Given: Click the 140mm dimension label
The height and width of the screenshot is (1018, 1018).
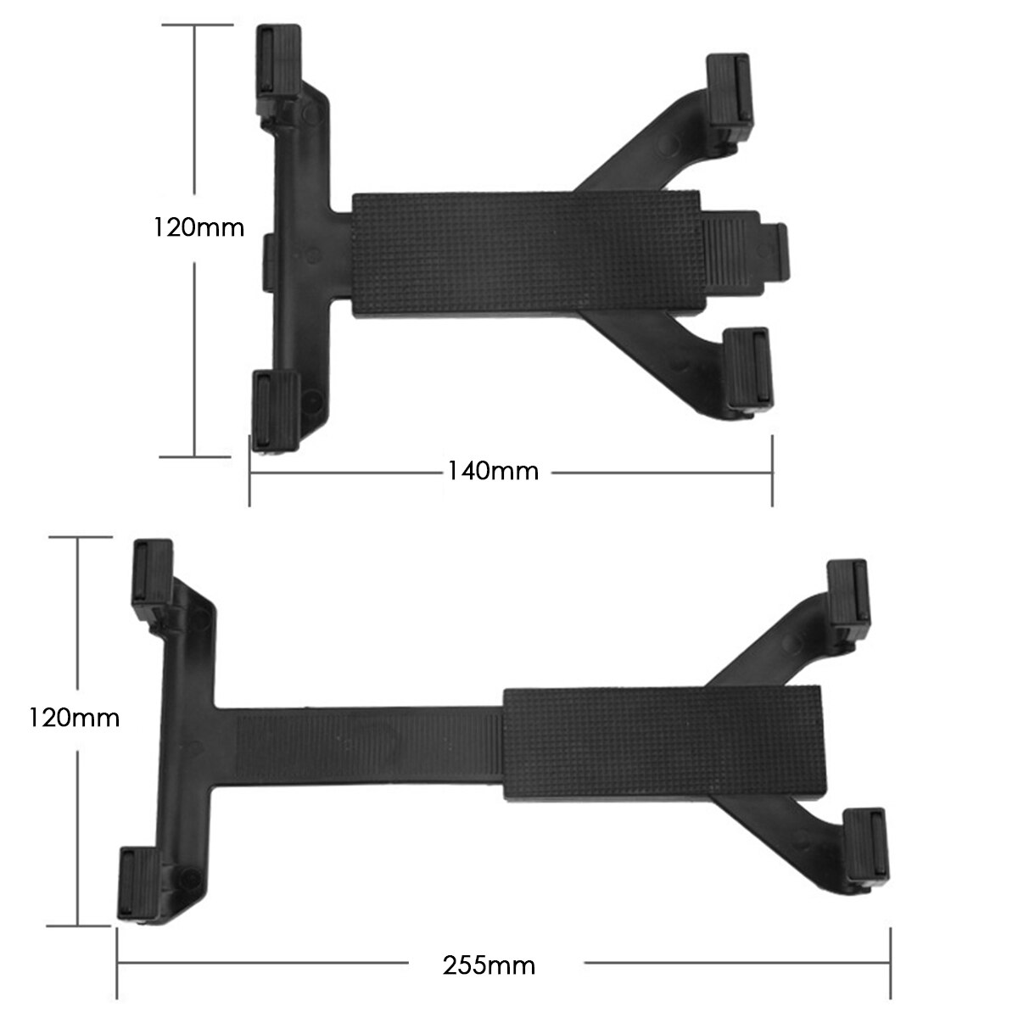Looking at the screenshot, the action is pos(493,470).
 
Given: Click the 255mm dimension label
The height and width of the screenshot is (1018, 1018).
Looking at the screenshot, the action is pos(489,965).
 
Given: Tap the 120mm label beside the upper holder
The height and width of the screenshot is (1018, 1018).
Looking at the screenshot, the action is pos(199,227).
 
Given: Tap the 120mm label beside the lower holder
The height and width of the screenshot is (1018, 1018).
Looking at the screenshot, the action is pos(74,718).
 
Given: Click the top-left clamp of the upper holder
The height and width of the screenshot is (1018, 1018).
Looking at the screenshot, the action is pos(279,70).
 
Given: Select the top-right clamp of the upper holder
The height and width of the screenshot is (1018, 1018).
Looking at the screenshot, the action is pos(730,97).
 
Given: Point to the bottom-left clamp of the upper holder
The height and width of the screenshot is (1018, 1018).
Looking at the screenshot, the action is pos(276,411).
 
